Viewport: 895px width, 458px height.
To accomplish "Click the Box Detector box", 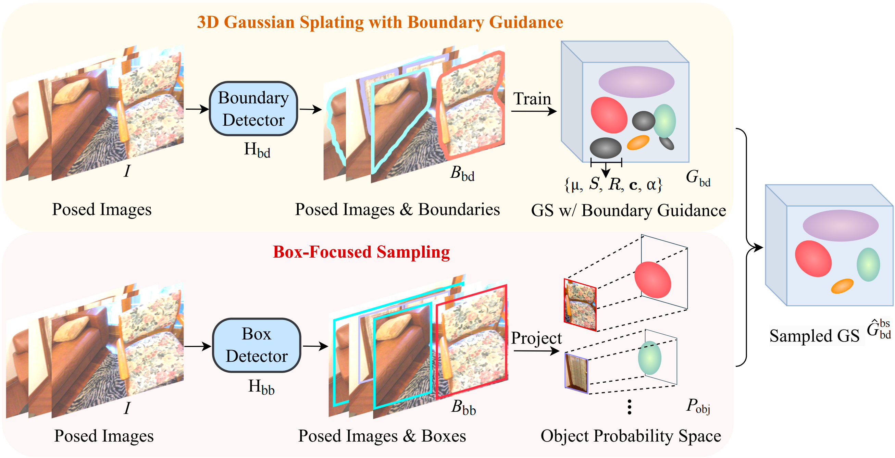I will pos(257,345).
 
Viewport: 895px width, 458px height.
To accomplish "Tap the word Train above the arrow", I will pos(532,99).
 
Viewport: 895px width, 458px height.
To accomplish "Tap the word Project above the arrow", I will pos(536,338).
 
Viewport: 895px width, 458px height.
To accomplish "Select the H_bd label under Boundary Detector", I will pos(257,150).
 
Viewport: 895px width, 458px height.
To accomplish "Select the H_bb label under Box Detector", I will pos(261,387).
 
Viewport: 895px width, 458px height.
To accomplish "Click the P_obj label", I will pos(698,406).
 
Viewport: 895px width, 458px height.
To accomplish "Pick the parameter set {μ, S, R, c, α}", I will pos(613,184).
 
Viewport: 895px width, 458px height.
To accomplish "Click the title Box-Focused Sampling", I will pos(361,252).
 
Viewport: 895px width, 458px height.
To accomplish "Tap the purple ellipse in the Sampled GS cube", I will pos(840,226).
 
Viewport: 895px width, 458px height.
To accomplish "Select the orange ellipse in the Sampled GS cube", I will pos(842,286).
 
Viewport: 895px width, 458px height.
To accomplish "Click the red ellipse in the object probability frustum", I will pos(652,280).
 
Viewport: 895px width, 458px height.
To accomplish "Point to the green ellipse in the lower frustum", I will pos(649,358).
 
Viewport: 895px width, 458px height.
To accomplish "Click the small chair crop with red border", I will pos(580,305).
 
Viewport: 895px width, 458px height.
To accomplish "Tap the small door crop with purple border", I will pos(576,373).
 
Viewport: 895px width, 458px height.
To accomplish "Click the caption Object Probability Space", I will pos(630,436).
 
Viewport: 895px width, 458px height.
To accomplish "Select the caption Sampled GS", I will pos(814,336).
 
